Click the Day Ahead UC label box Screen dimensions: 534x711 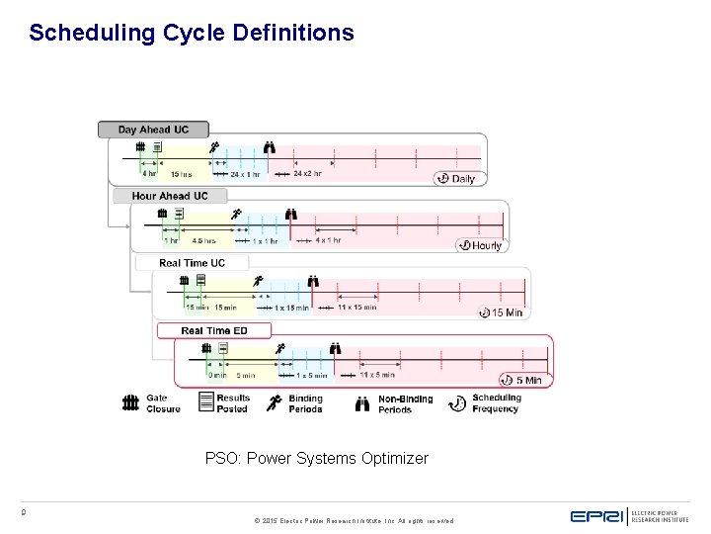point(153,130)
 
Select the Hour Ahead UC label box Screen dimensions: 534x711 point(170,196)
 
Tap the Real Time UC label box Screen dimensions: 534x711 point(192,263)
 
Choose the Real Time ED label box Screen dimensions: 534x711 point(213,330)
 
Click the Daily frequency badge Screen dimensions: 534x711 point(456,179)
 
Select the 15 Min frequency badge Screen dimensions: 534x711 point(501,312)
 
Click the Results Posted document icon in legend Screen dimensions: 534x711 point(206,401)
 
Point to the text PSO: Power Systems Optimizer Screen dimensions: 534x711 point(316,459)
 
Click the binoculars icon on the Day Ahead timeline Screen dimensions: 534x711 point(271,148)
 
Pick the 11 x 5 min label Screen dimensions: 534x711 point(377,375)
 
